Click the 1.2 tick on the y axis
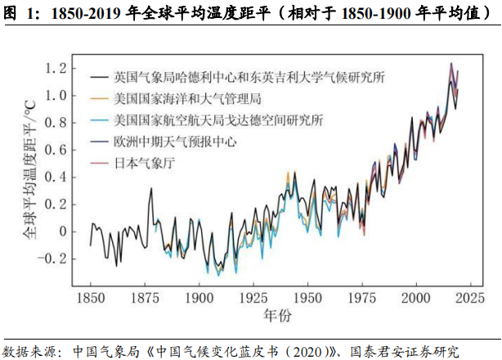point(57,69)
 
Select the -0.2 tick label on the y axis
point(55,258)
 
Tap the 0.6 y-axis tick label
point(57,150)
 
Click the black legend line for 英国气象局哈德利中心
point(101,77)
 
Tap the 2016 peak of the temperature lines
point(450,64)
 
